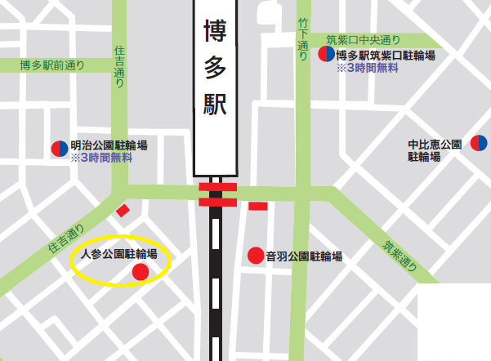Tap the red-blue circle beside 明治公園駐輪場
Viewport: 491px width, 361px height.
click(59, 148)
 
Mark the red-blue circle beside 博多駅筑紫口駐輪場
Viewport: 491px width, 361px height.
click(325, 55)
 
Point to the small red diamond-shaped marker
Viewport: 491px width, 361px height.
click(123, 210)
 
